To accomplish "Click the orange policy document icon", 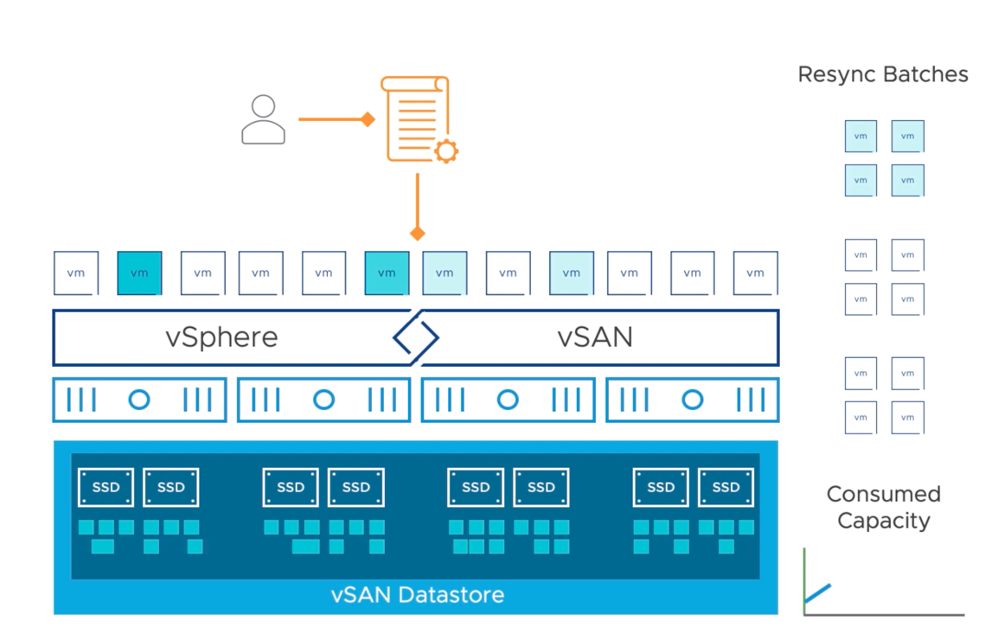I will click(416, 119).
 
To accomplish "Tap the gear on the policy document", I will click(445, 151).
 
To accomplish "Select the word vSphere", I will click(221, 337).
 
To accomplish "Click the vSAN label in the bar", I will click(595, 337).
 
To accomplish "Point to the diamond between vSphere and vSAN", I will click(416, 337).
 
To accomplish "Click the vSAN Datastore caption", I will click(417, 595).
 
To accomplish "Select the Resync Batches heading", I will click(882, 74).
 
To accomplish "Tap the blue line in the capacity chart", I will click(817, 593).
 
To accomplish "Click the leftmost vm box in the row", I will click(76, 273).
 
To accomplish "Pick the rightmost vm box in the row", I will click(755, 273).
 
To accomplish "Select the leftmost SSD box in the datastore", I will click(106, 487).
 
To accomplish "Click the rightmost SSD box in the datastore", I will click(726, 487).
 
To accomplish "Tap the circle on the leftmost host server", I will click(138, 400).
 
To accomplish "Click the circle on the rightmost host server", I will click(692, 400).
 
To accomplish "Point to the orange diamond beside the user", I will click(368, 119).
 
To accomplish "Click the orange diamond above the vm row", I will click(417, 234).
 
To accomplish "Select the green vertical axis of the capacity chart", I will click(804, 580).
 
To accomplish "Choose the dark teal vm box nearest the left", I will click(139, 273).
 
